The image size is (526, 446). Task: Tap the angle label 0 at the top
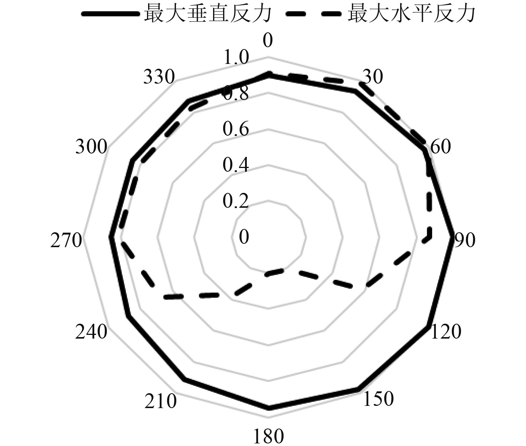[x=268, y=41]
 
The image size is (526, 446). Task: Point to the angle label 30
[x=373, y=77]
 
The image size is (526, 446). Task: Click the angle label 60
[x=440, y=146]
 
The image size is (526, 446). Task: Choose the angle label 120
[x=446, y=332]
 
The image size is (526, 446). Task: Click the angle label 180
[x=268, y=436]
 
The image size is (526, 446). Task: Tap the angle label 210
[x=160, y=401]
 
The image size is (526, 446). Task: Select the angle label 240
[x=91, y=332]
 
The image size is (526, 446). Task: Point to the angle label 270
[x=66, y=241]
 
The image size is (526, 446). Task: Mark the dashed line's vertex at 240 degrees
[x=166, y=296]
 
